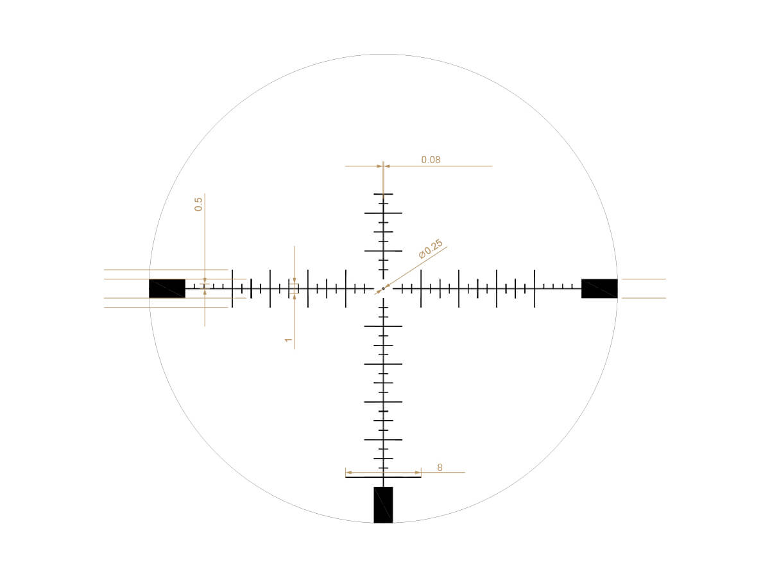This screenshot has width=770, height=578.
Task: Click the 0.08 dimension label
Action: pos(431,160)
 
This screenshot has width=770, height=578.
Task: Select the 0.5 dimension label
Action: pos(198,204)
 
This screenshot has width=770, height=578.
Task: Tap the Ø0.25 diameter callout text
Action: pos(431,249)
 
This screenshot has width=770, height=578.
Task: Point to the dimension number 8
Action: pos(440,467)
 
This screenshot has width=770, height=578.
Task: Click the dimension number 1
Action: pos(288,340)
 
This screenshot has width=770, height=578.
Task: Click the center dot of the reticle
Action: pos(383,288)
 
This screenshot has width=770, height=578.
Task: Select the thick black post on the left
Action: pos(167,288)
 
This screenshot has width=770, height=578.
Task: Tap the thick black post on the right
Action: pos(599,288)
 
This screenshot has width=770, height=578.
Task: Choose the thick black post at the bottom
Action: pos(383,505)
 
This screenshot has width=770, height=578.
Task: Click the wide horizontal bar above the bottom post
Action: pos(383,477)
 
